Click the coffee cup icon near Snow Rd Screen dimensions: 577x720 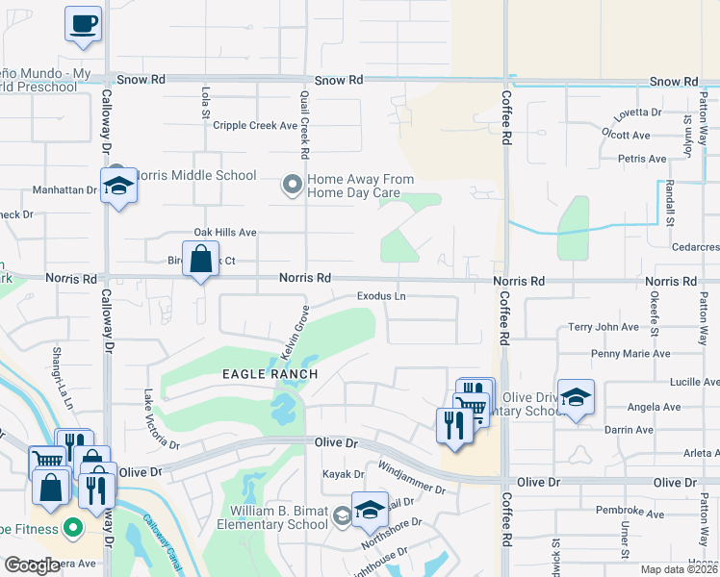[x=84, y=23]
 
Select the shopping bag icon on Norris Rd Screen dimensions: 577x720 [x=200, y=261]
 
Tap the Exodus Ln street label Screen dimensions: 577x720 [x=381, y=296]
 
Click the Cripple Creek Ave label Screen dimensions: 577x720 [x=255, y=125]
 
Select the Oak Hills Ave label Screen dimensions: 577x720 [x=225, y=233]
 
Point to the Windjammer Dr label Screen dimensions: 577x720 [x=412, y=477]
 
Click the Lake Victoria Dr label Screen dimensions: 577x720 [x=161, y=419]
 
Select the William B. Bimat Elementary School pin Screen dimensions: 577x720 [x=342, y=517]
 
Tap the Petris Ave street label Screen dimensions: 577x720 [x=642, y=159]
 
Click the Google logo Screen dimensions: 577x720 [x=32, y=565]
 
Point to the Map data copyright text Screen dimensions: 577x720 [x=680, y=569]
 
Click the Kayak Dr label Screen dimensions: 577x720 [x=344, y=474]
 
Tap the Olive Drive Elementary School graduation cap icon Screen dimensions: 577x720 [x=576, y=397]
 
